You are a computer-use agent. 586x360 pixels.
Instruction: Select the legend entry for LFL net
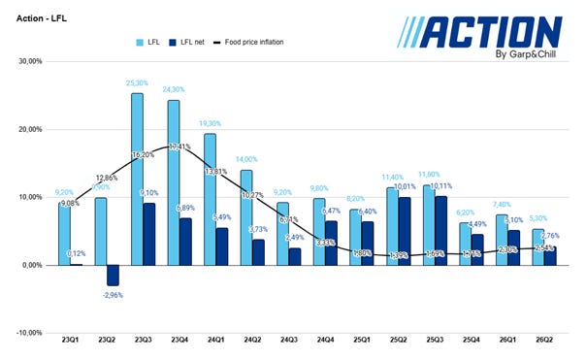196,42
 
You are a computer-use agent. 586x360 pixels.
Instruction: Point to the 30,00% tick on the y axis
30,60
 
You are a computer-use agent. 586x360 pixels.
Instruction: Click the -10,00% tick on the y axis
29,332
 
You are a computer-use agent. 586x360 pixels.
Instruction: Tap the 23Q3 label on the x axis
144,340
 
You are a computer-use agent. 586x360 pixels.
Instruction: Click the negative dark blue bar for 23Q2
113,275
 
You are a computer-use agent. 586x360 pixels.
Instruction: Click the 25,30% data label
137,83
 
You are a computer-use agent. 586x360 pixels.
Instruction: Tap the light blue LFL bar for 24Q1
210,199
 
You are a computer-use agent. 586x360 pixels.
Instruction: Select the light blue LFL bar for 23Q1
63,233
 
